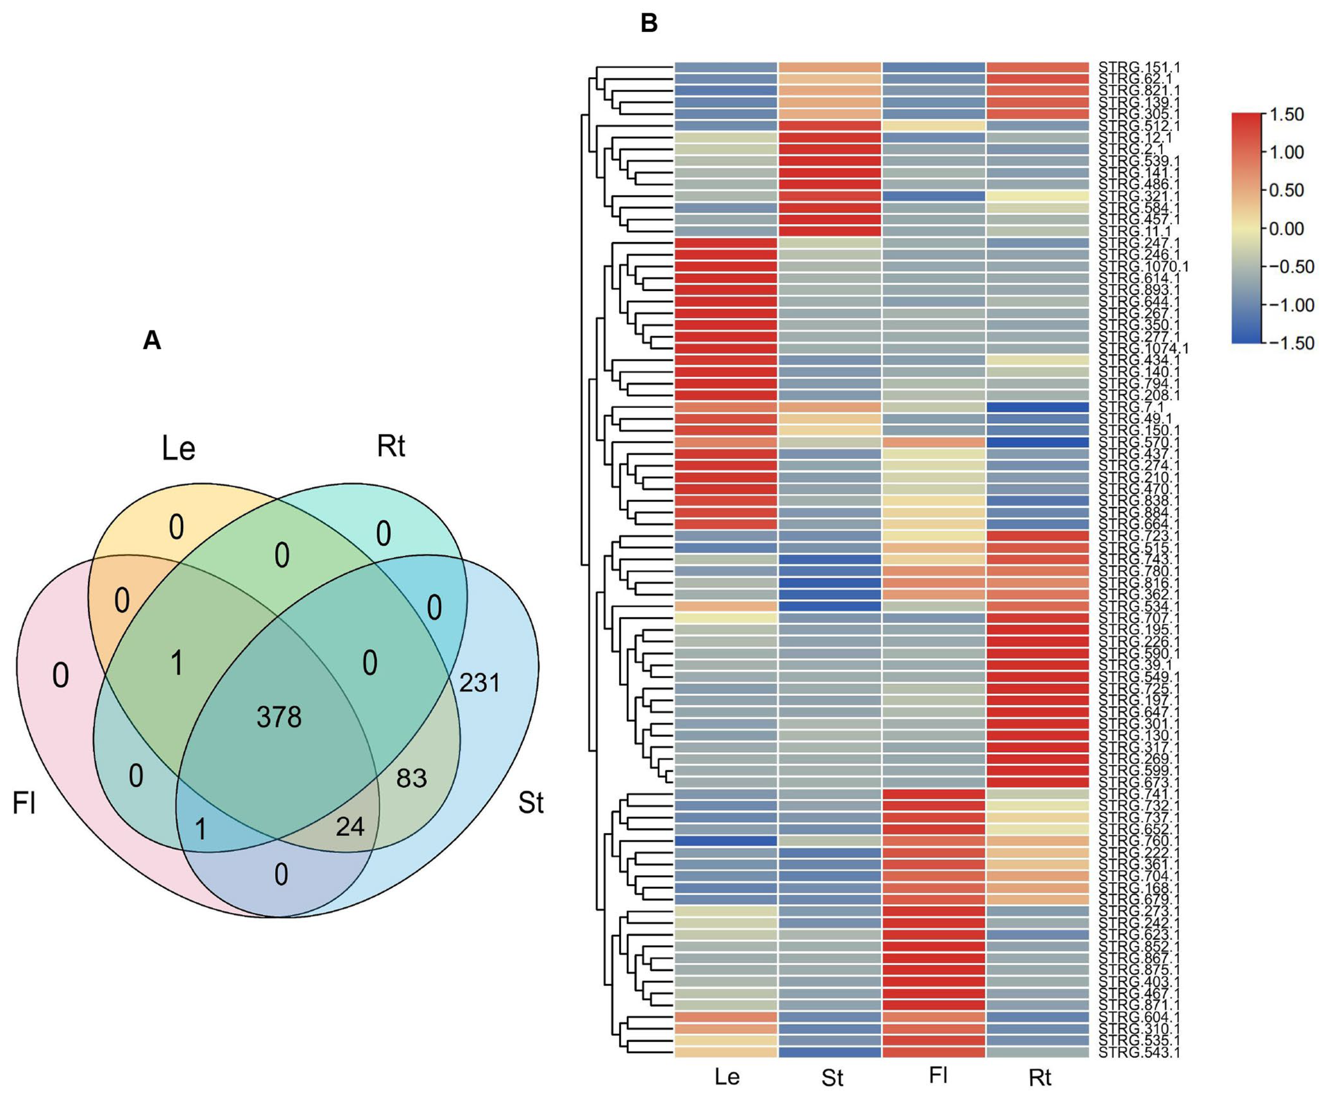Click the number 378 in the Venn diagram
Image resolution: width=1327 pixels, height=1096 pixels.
pyautogui.click(x=279, y=717)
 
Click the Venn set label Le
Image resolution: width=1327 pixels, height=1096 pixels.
pyautogui.click(x=179, y=449)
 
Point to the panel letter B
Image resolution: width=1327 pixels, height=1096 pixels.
pyautogui.click(x=649, y=24)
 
